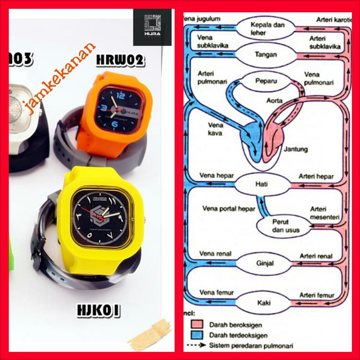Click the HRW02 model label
(x=120, y=60)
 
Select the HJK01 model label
(x=98, y=310)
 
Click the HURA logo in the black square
(x=152, y=27)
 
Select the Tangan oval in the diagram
(x=266, y=55)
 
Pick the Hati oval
(x=261, y=184)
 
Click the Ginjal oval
(x=265, y=263)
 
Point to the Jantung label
(x=296, y=149)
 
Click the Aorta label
(x=274, y=101)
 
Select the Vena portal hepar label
(x=229, y=208)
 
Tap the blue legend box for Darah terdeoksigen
(x=197, y=335)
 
